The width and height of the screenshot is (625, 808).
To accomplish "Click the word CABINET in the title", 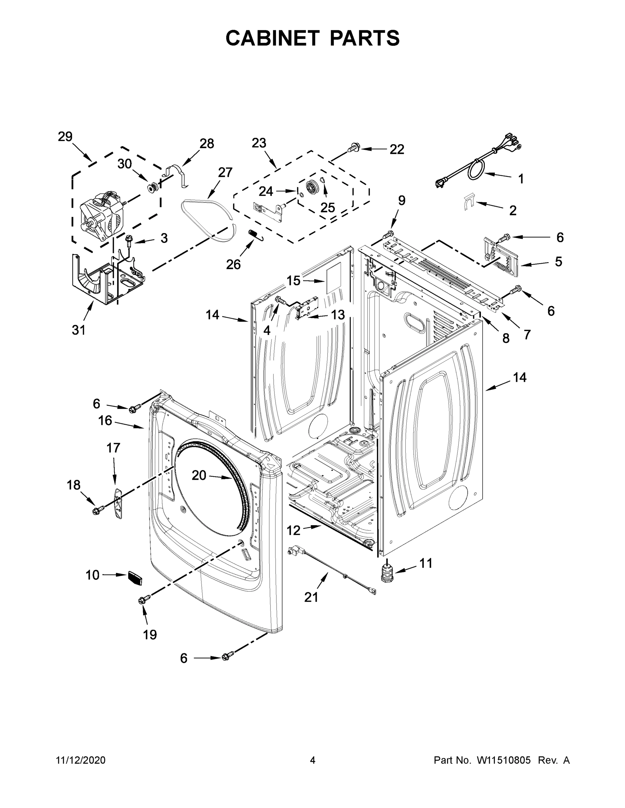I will (272, 38).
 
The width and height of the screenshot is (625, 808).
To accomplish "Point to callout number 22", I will (397, 149).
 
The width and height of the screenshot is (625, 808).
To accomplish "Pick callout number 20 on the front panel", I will (199, 475).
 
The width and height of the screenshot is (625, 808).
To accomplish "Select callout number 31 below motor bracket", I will (79, 329).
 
